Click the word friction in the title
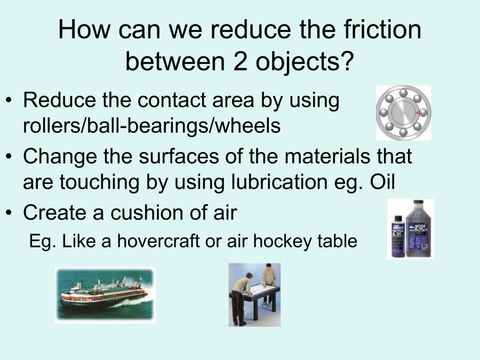(377, 29)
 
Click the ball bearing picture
(403, 113)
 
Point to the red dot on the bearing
(417, 113)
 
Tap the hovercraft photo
(105, 295)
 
